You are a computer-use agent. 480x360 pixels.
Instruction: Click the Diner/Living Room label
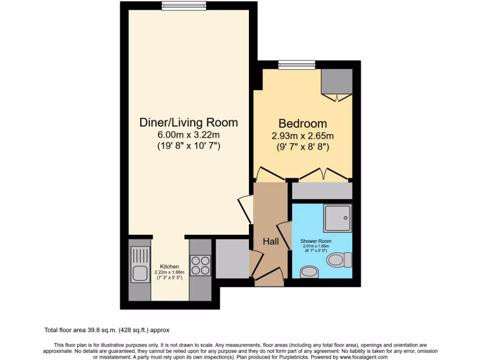pyautogui.click(x=189, y=123)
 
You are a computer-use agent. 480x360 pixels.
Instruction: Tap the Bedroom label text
pyautogui.click(x=303, y=124)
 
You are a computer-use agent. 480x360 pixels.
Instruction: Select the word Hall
pyautogui.click(x=271, y=242)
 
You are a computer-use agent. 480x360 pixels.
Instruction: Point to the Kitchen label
pyautogui.click(x=169, y=267)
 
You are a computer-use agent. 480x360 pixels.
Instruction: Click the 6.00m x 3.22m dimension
pyautogui.click(x=189, y=135)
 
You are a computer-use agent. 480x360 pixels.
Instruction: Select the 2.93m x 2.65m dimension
pyautogui.click(x=303, y=136)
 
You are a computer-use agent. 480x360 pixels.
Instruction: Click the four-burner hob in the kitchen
pyautogui.click(x=200, y=265)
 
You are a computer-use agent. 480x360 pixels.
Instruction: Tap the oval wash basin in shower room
pyautogui.click(x=309, y=271)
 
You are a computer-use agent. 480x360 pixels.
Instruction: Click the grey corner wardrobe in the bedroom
pyautogui.click(x=337, y=82)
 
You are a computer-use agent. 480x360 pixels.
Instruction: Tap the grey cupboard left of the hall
pyautogui.click(x=232, y=258)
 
